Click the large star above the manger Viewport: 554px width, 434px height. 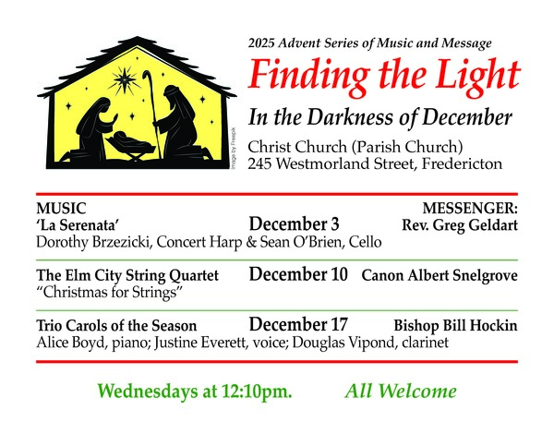tap(124, 80)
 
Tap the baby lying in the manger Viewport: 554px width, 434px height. tap(130, 140)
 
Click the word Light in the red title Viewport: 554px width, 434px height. tap(477, 76)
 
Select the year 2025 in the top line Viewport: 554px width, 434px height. tap(261, 43)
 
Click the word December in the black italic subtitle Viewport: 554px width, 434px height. tap(466, 117)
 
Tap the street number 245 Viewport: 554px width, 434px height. tap(259, 163)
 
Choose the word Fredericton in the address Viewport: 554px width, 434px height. tap(462, 163)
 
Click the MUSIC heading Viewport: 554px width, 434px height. tap(61, 208)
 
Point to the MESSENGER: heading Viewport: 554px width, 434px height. tap(470, 208)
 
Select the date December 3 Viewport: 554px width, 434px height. tap(294, 224)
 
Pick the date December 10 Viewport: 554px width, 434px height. tap(298, 274)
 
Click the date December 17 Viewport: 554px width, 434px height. tap(298, 324)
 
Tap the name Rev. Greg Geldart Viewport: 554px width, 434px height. tap(460, 225)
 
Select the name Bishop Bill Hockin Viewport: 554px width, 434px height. tap(455, 325)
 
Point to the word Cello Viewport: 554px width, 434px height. tap(366, 242)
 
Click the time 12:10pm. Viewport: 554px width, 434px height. tap(257, 392)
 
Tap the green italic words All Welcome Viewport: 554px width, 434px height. tap(401, 391)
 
